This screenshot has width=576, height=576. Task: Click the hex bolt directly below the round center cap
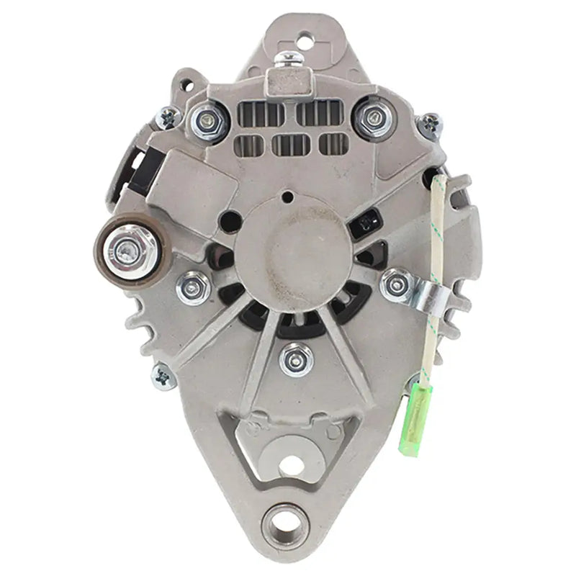pos(297,358)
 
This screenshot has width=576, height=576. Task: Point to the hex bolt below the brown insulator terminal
pos(193,287)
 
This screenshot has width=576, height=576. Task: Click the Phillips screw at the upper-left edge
pos(168,117)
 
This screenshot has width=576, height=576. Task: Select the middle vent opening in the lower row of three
pos(291,145)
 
